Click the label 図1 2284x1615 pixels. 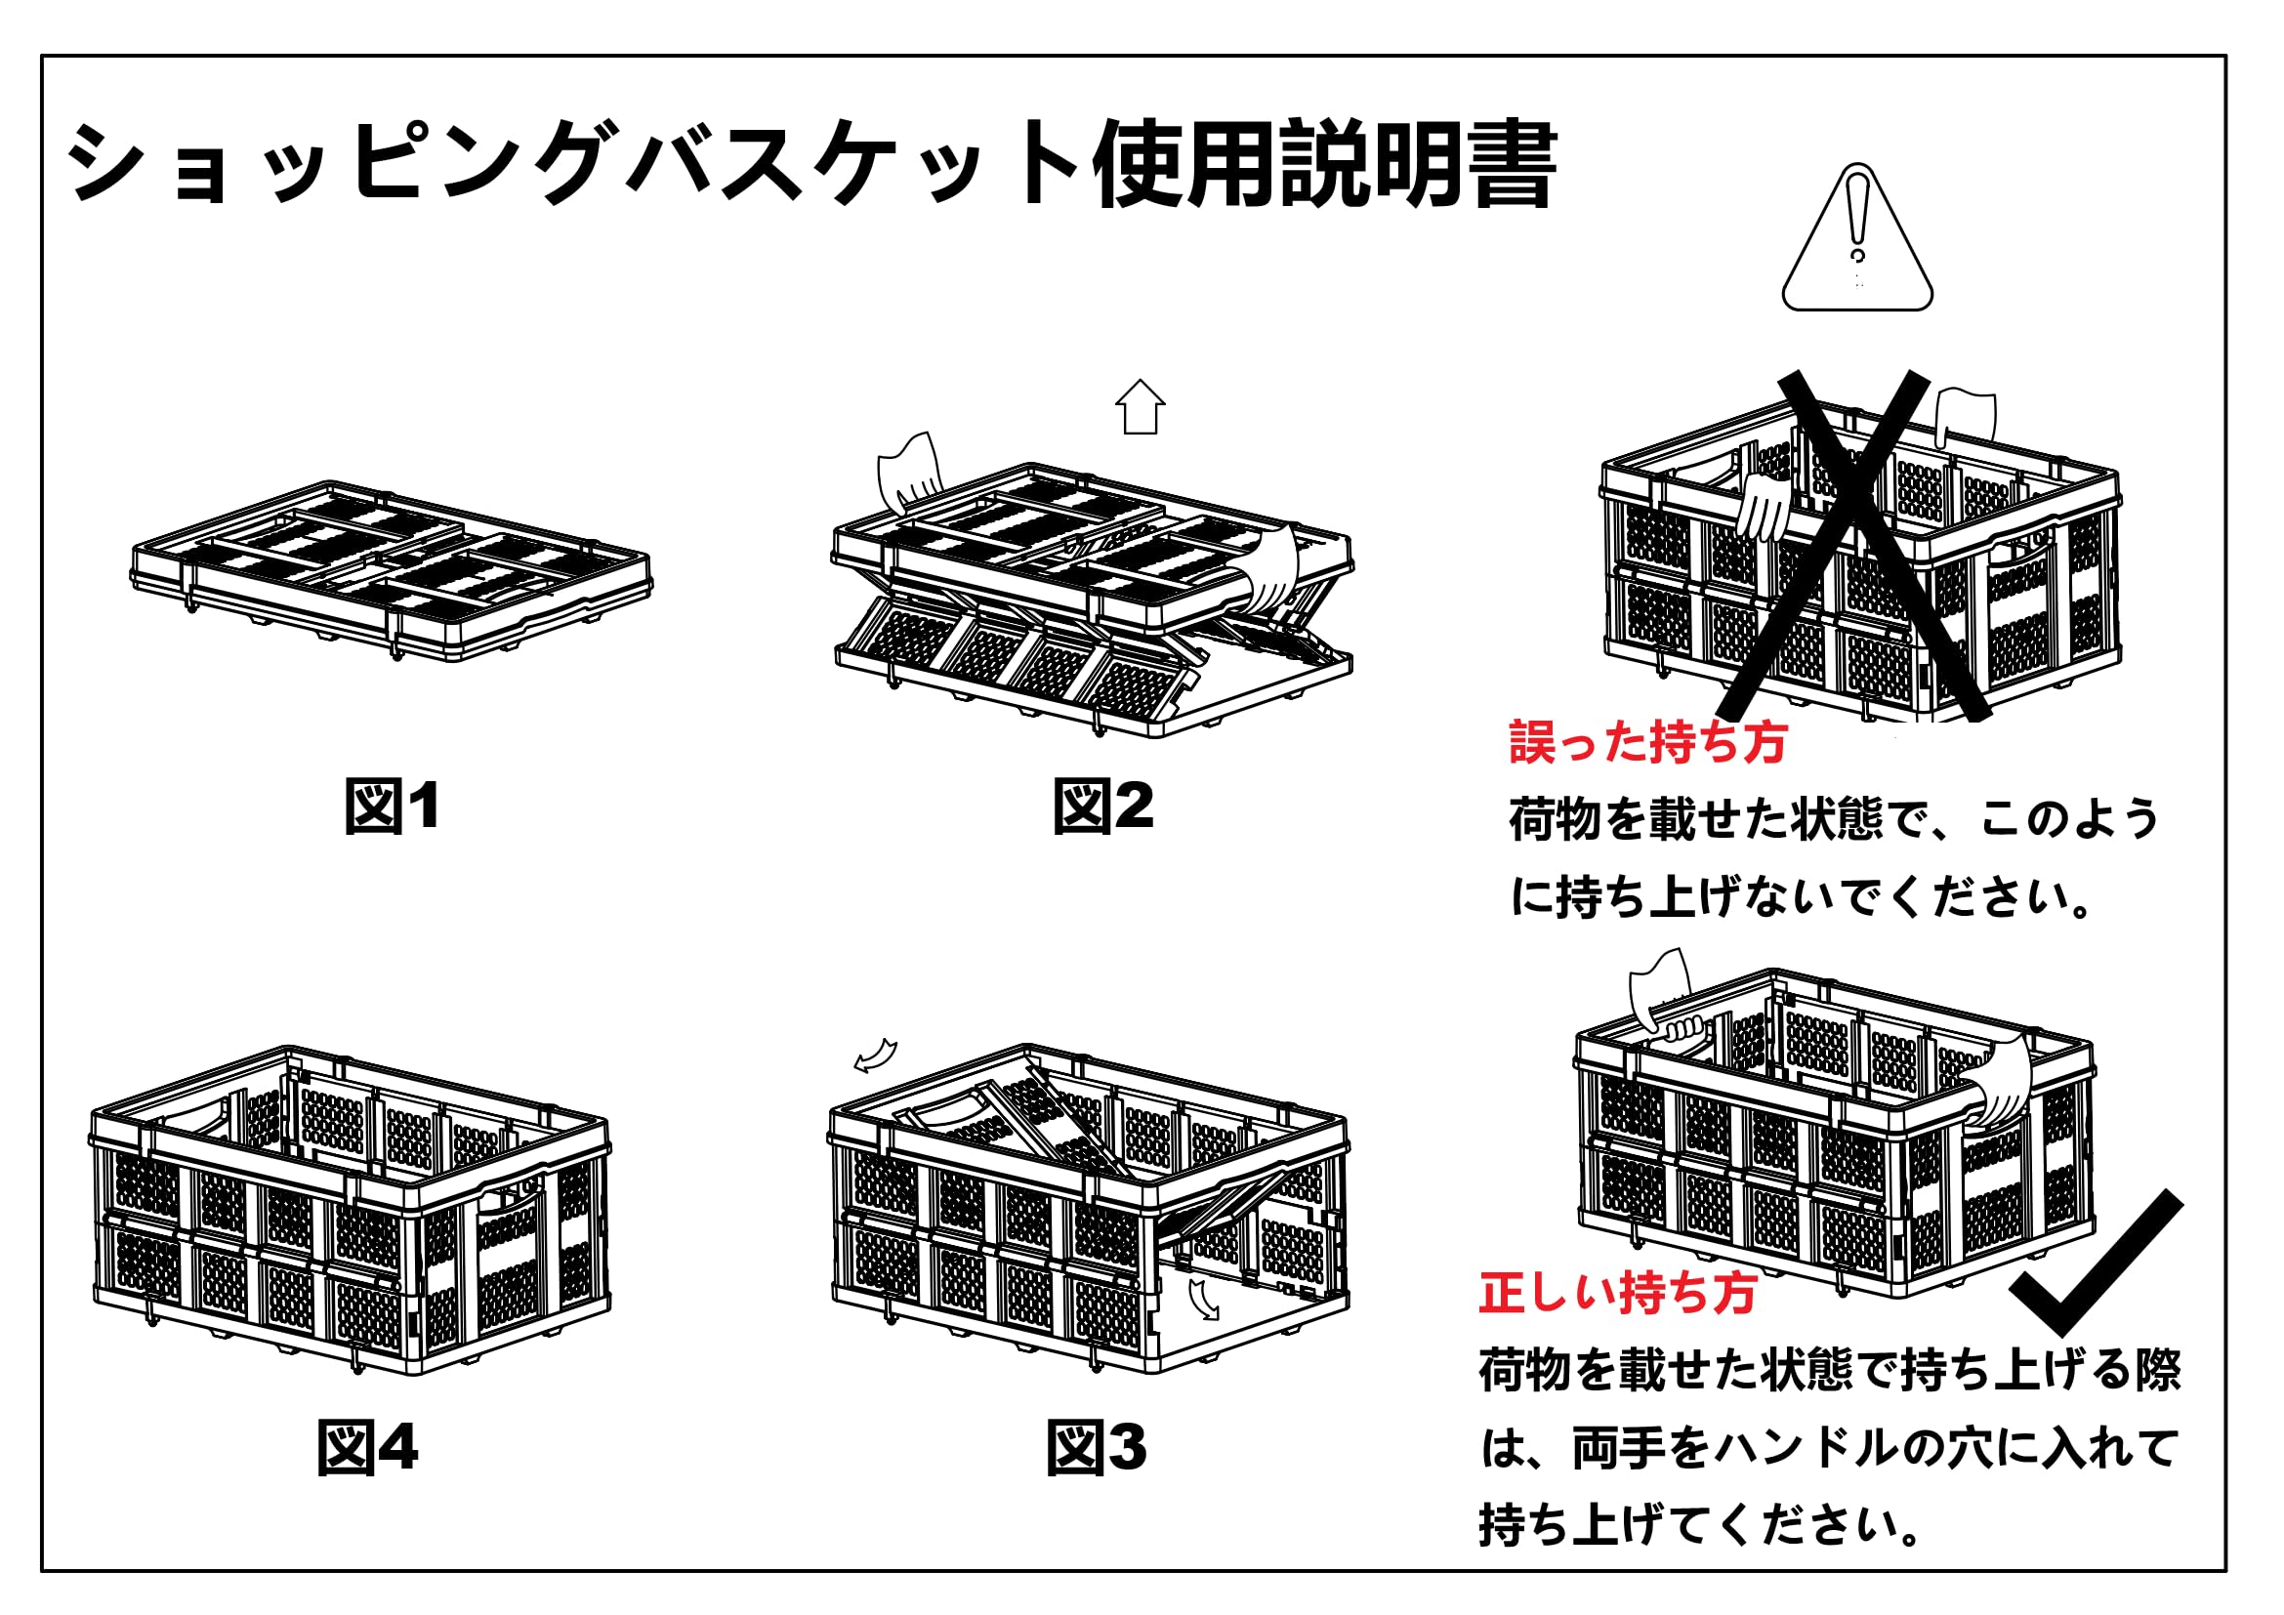pos(392,806)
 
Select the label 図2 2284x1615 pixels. pos(1103,806)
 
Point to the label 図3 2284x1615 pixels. pos(1097,1448)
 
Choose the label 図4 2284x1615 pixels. pos(367,1448)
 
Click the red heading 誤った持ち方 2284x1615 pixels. pos(1647,742)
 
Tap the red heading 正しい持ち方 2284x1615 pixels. pos(1617,1293)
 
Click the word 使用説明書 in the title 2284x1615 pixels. pos(1323,164)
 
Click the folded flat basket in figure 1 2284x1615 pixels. pos(392,570)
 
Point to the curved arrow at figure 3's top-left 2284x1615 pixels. pos(875,1056)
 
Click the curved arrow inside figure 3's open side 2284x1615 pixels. pos(1204,1299)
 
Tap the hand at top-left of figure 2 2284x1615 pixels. pos(909,472)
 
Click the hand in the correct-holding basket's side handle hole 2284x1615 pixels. pos(2000,1084)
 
